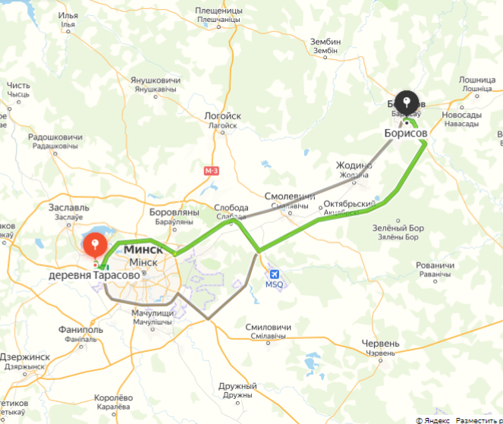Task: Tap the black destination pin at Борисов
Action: tap(407, 102)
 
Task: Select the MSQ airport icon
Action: tap(273, 275)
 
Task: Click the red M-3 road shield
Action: tap(212, 171)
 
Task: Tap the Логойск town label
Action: tap(222, 116)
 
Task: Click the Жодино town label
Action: tap(354, 165)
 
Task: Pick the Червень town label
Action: tap(380, 344)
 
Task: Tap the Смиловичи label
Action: tap(267, 327)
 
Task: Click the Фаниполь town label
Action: tap(80, 330)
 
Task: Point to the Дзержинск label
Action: tap(24, 356)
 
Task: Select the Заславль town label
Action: tap(68, 206)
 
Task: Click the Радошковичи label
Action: tap(53, 137)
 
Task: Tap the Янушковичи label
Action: tap(156, 80)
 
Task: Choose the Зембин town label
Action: tap(325, 42)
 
